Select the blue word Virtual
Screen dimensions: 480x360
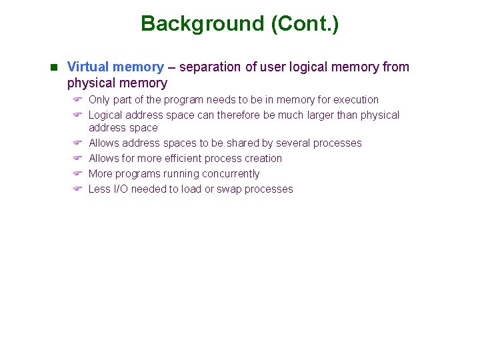89,67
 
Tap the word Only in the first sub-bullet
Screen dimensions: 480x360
99,100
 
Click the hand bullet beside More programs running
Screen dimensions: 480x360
77,174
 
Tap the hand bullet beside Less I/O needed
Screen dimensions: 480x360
77,189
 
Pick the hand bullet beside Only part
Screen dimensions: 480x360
77,100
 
